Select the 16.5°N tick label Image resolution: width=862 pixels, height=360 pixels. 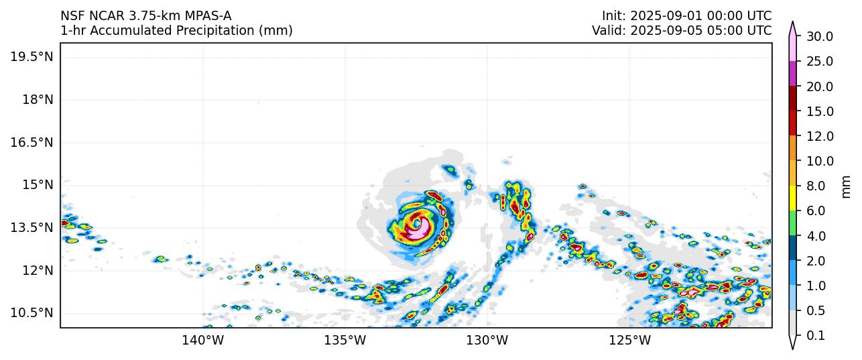coord(32,142)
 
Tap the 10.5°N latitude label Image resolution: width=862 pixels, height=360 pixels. coord(32,313)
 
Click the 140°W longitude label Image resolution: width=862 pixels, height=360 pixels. coord(202,341)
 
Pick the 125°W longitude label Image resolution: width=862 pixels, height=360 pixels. coord(629,341)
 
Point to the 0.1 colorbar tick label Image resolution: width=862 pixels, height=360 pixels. coord(815,336)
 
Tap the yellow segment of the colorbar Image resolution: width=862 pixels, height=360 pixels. coord(793,198)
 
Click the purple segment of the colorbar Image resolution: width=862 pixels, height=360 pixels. coord(793,74)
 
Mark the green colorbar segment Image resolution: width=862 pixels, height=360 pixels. coord(793,223)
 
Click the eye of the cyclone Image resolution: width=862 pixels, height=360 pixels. coord(417,223)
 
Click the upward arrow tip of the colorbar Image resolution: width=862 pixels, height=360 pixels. coord(793,22)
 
